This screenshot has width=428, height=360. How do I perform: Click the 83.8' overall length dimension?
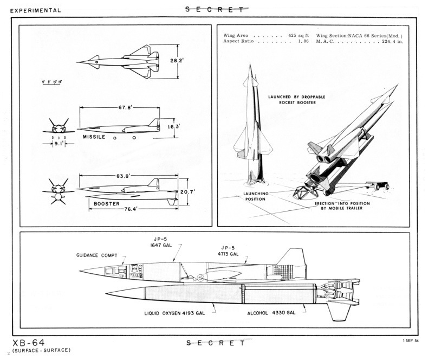tap(125, 176)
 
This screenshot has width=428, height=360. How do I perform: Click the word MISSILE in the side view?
tap(94, 137)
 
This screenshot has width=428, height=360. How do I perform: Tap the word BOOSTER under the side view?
tap(107, 204)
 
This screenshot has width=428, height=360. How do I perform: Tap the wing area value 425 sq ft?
tap(296, 35)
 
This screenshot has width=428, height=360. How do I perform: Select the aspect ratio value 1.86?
tap(300, 41)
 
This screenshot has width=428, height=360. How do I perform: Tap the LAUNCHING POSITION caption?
tap(255, 196)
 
